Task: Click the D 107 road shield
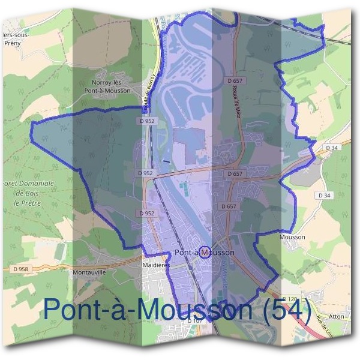193,322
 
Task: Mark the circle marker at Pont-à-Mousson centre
205,252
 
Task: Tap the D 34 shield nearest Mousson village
325,196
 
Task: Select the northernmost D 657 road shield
235,80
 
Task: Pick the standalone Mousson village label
292,237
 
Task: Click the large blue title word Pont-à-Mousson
148,309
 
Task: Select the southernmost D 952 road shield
147,213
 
